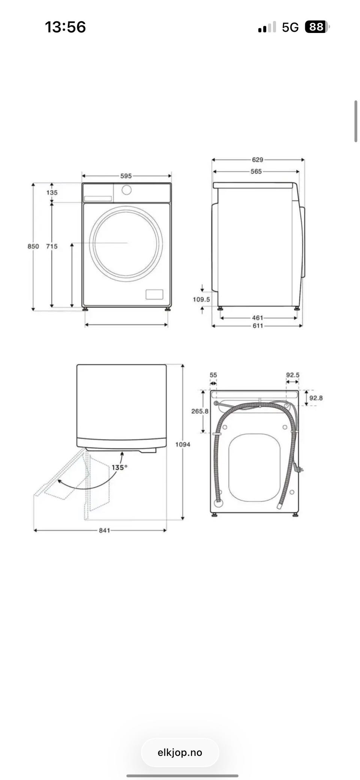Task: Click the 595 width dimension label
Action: (126, 176)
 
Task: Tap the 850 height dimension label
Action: (33, 246)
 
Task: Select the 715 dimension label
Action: (52, 246)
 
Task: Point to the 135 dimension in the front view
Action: (52, 193)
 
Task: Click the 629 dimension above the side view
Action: (258, 160)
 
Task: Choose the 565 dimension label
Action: (256, 171)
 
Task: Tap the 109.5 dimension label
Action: (201, 299)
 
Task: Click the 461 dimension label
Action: (258, 318)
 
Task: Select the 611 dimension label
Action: (258, 326)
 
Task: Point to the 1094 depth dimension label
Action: (183, 445)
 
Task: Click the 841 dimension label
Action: (105, 530)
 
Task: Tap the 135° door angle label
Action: (119, 467)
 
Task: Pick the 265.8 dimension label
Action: (200, 411)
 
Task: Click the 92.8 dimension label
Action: (316, 398)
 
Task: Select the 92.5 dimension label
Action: (293, 375)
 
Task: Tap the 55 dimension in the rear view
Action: (213, 375)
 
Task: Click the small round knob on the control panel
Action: (127, 190)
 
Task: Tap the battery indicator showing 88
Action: (317, 27)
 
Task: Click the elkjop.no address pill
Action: (180, 753)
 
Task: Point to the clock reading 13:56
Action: (65, 27)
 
